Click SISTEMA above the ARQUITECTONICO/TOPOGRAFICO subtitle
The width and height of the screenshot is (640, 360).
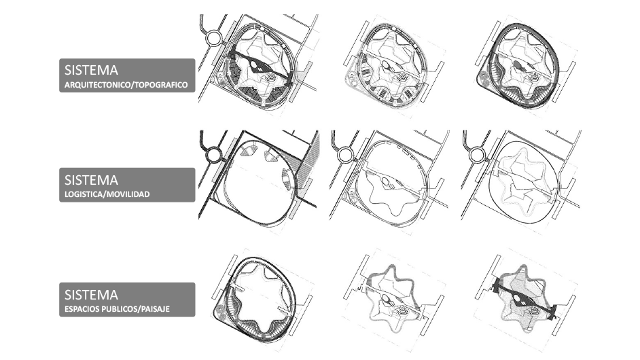(x=91, y=70)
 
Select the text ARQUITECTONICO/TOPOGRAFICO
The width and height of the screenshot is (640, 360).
(x=126, y=85)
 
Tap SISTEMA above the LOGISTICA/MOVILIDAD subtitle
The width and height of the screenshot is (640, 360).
(x=91, y=179)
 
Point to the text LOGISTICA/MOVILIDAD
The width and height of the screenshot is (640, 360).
(x=107, y=194)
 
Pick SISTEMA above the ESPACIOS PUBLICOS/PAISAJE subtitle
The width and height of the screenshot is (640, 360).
(x=91, y=294)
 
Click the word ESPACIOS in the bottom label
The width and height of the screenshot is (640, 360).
(x=81, y=309)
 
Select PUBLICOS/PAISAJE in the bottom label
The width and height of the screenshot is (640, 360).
(x=135, y=309)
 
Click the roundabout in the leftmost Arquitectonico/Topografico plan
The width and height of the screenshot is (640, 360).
(x=214, y=38)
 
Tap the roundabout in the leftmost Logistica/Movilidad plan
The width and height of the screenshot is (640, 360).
(x=214, y=155)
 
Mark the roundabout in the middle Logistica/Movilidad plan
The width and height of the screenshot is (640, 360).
(x=345, y=155)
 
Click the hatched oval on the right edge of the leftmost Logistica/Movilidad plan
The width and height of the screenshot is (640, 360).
(x=287, y=179)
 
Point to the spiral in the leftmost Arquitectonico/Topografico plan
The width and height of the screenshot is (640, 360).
(x=270, y=77)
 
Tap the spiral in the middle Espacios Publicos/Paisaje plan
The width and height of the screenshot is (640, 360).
(x=402, y=312)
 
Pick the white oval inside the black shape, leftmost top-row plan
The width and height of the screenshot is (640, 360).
(x=253, y=64)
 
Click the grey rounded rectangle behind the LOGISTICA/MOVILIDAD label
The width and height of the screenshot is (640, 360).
(x=127, y=185)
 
